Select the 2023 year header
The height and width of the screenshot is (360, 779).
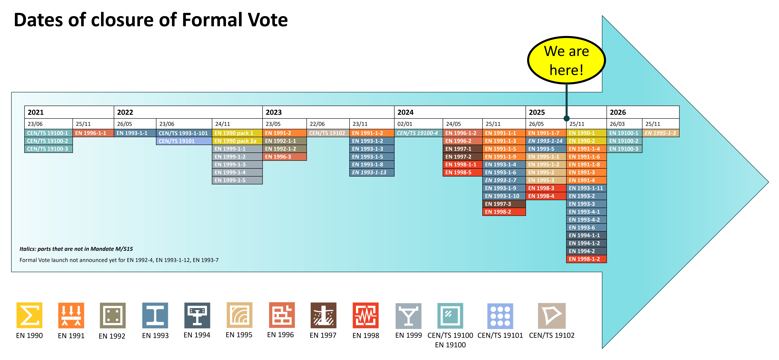coord(274,112)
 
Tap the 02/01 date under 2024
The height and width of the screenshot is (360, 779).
coord(405,124)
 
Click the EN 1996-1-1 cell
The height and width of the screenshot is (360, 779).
coord(91,133)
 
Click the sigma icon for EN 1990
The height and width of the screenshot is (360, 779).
coord(29,315)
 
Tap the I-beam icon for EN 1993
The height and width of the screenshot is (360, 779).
coord(155,315)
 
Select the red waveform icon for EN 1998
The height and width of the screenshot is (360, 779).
coord(366,315)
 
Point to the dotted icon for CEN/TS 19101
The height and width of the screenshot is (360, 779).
coord(500,316)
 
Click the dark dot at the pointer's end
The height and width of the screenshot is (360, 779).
coord(566,118)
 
